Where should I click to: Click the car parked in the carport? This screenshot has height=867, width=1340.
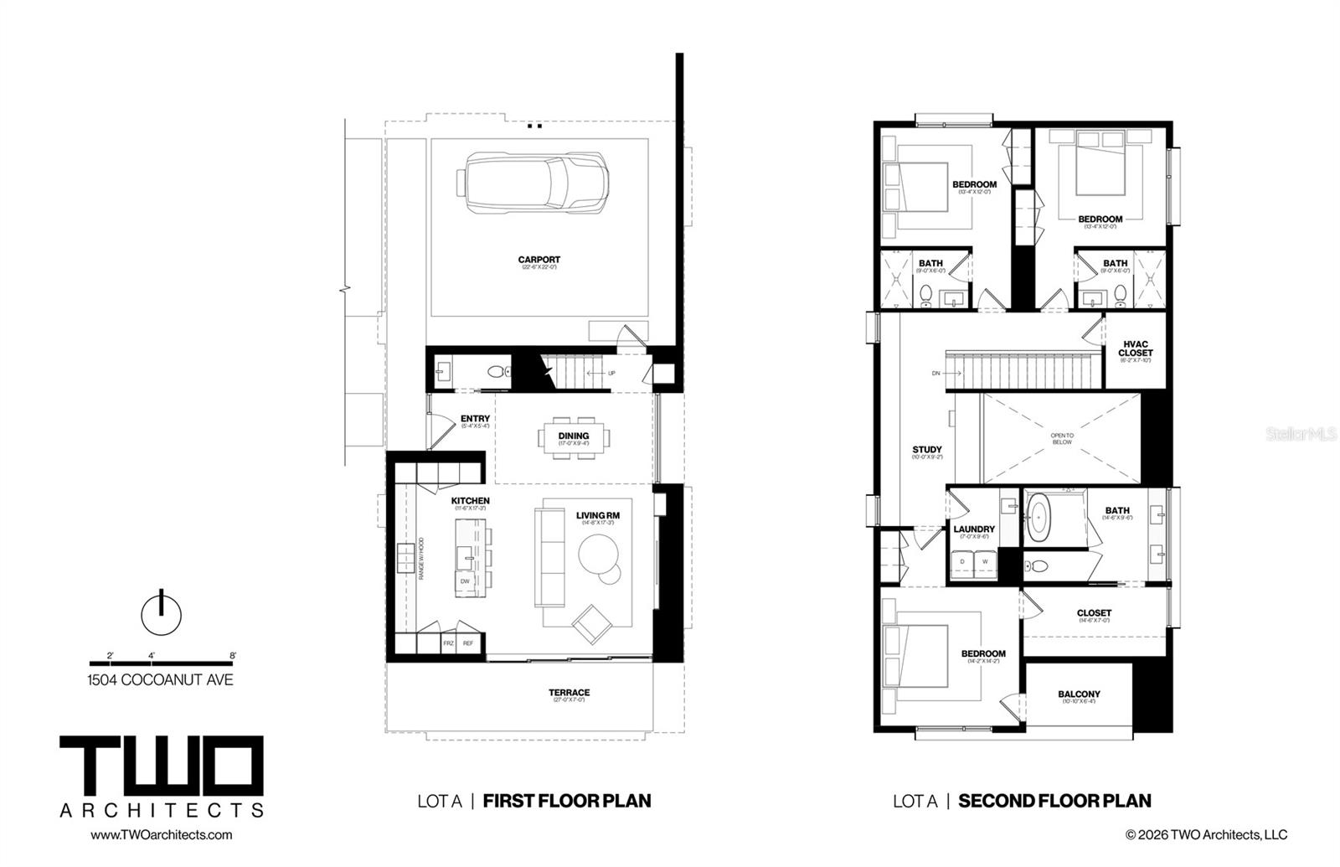(x=533, y=184)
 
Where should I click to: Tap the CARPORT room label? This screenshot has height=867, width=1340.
(x=539, y=260)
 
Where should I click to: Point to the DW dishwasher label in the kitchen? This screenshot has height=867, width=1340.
(x=465, y=581)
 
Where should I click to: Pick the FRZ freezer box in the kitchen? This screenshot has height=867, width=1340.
(x=448, y=643)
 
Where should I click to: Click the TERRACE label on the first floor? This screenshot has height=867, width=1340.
(x=569, y=692)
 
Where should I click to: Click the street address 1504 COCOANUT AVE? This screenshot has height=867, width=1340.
(x=160, y=679)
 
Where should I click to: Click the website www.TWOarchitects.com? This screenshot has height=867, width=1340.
(x=161, y=834)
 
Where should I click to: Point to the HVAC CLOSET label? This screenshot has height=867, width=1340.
(x=1135, y=348)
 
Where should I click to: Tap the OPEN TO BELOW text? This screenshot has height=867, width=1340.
(x=1062, y=439)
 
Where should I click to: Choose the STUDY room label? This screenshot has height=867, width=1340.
(x=927, y=450)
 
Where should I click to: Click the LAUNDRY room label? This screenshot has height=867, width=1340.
(x=974, y=529)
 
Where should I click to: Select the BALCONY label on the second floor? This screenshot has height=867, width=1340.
(x=1079, y=694)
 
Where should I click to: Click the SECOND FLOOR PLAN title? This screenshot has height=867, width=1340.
(x=1054, y=801)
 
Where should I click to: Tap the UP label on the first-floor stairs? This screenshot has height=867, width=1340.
(x=611, y=373)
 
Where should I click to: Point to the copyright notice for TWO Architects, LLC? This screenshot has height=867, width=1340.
(x=1206, y=834)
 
